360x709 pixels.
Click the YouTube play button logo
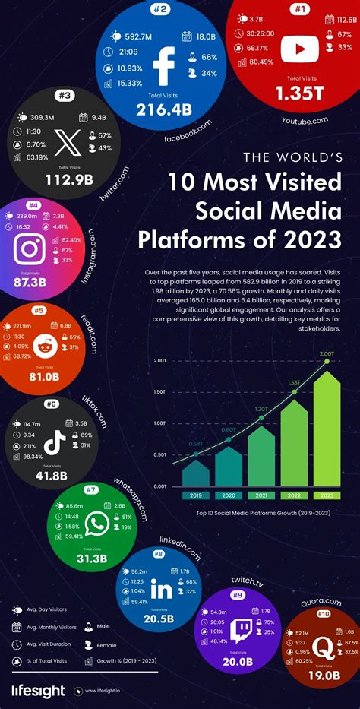[295, 50]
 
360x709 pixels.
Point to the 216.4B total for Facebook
[163, 110]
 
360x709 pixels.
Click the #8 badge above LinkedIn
[159, 554]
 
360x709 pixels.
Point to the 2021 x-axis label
[262, 495]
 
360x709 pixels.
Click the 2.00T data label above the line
[327, 353]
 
